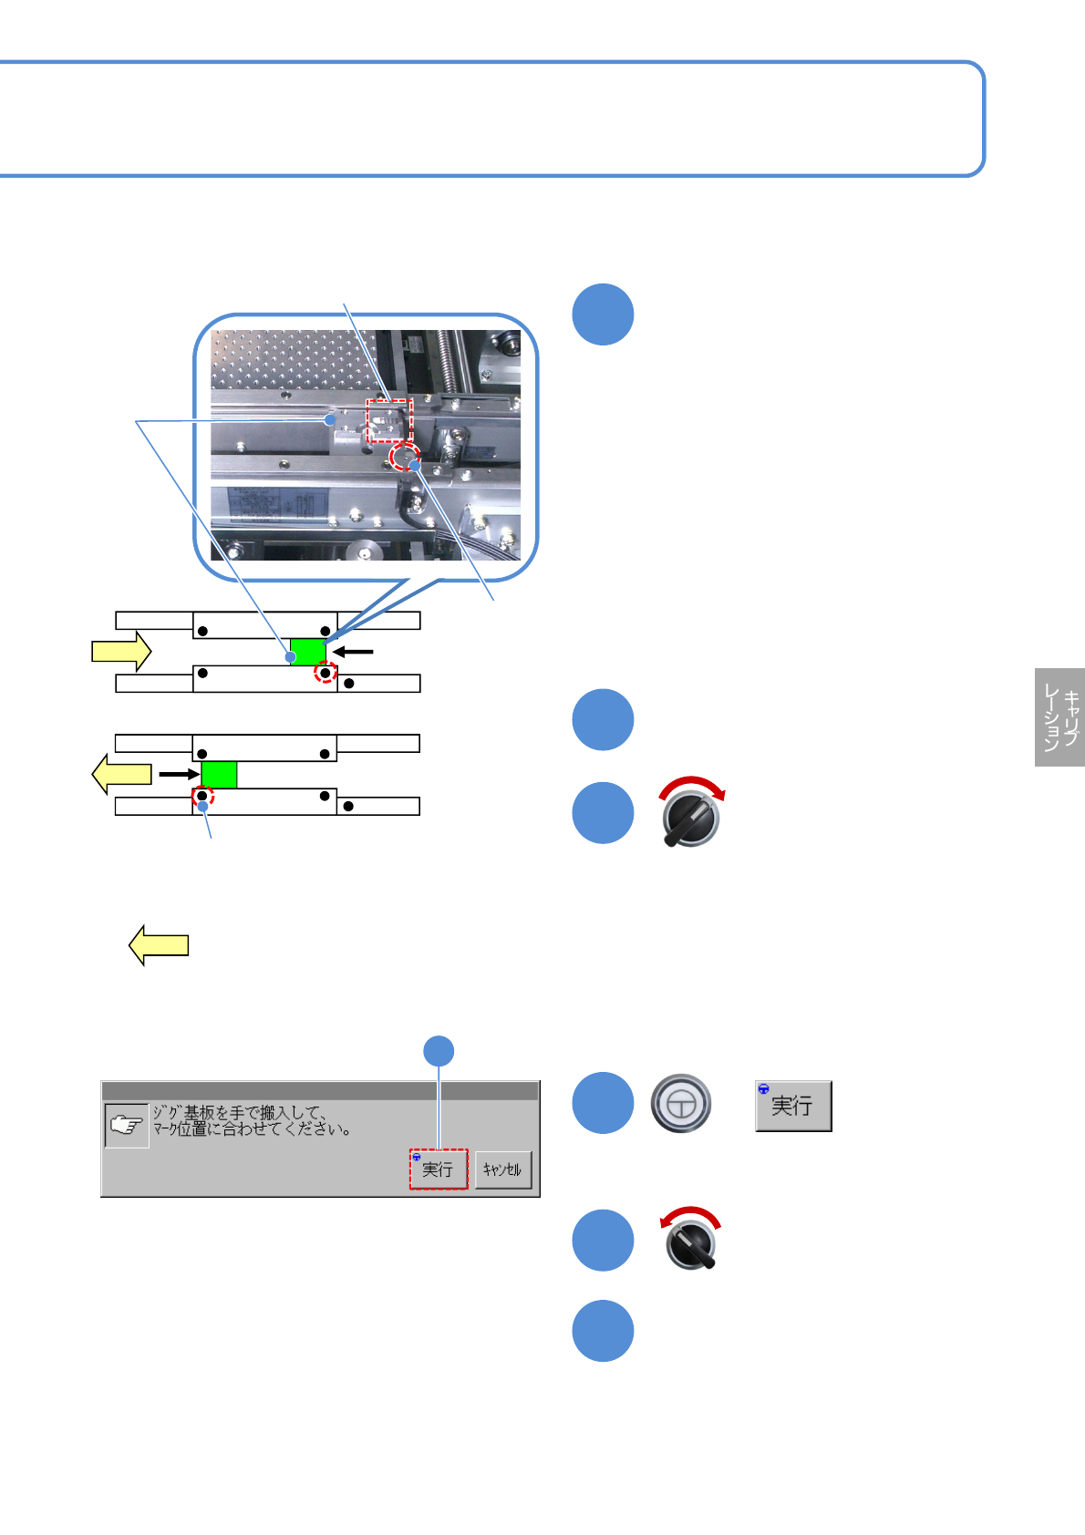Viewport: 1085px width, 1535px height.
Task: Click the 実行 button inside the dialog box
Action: coord(438,1169)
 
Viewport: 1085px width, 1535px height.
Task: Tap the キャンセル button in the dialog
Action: coord(502,1169)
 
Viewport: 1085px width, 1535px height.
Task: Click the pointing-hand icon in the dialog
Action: coord(127,1125)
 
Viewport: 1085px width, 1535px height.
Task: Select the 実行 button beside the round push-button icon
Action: coord(793,1106)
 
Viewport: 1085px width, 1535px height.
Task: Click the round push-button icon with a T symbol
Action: coord(681,1104)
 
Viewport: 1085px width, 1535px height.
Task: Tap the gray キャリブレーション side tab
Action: coord(1059,717)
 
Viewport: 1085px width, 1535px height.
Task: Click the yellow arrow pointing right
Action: coord(121,651)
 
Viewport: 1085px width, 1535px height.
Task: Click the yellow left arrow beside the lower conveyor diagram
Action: coord(122,774)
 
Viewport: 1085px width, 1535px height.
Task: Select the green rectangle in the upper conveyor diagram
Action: coord(308,652)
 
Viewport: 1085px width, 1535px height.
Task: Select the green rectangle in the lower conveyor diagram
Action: coord(219,775)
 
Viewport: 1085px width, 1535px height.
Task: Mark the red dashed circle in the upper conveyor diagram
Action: coord(325,673)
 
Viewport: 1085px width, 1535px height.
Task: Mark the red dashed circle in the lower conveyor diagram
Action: coord(201,796)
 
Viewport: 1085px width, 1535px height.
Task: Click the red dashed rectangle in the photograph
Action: coord(389,420)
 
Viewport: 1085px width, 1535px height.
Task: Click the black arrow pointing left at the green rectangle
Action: coord(353,652)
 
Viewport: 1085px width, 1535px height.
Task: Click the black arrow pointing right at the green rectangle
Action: coord(179,775)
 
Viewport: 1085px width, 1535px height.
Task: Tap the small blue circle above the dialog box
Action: coord(439,1051)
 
